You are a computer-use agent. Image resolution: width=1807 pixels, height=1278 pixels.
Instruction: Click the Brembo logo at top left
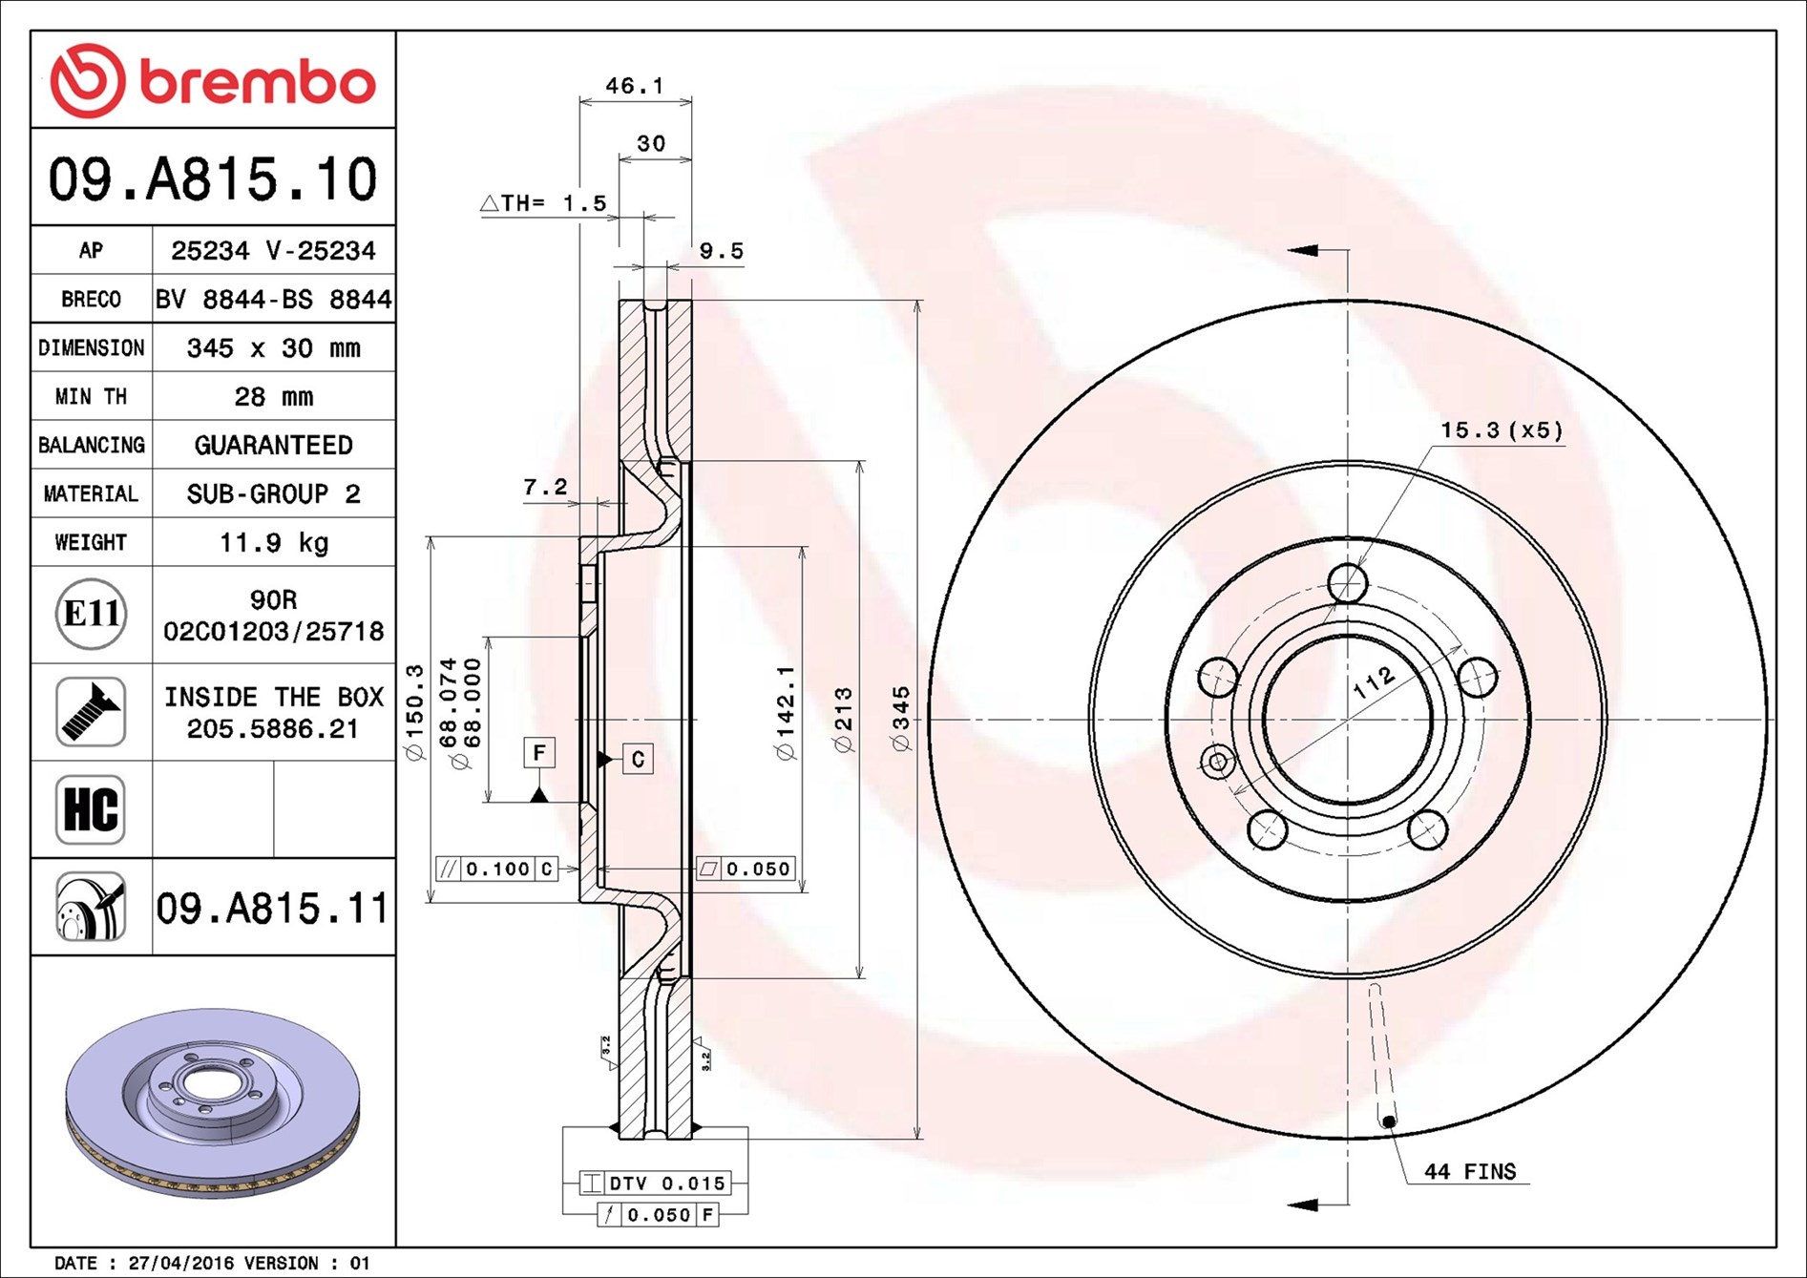[212, 81]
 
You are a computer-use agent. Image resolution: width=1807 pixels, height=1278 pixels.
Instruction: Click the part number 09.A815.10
[213, 179]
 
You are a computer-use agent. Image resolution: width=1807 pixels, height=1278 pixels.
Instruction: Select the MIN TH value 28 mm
[273, 396]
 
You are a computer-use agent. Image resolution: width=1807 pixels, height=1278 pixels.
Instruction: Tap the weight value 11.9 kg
[273, 542]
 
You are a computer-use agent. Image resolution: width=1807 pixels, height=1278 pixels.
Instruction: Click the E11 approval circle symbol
[91, 614]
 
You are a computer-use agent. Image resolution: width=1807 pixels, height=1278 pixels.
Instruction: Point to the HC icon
[91, 809]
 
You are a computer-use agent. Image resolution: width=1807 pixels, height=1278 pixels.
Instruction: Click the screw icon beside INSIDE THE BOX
[91, 712]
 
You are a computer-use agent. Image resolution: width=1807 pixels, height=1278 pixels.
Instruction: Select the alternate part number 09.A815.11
[272, 908]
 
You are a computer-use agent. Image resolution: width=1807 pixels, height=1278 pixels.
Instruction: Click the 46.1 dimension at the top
[635, 86]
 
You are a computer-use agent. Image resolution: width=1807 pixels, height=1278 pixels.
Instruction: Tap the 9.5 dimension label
[721, 251]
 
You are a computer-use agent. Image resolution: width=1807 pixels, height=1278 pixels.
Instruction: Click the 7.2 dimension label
[545, 488]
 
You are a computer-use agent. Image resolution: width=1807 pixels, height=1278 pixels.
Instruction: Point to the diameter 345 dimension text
[901, 718]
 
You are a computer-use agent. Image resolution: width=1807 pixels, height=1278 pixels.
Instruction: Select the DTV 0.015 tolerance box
[656, 1184]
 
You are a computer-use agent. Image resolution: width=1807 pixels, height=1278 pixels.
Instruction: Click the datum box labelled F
[539, 752]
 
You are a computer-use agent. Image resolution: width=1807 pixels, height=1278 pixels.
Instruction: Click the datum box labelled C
[638, 759]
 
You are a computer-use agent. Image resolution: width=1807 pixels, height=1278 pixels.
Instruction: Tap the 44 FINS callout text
[1469, 1171]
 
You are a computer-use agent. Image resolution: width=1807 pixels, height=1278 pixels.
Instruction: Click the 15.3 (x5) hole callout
[1502, 430]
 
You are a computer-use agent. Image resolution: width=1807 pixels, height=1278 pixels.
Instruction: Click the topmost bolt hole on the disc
[1348, 582]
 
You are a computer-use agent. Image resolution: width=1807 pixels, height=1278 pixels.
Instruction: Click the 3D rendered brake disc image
[212, 1102]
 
